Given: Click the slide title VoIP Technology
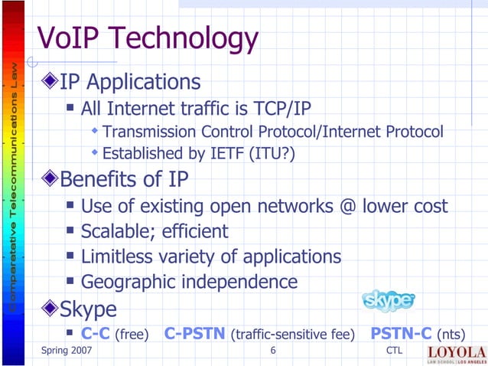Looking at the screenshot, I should click(x=148, y=38).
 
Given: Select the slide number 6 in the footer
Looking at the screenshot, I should click(x=273, y=351).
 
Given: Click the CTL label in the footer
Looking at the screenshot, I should click(x=395, y=351).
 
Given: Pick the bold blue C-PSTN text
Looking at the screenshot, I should click(x=195, y=334).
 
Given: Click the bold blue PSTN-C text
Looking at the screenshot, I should click(x=400, y=334).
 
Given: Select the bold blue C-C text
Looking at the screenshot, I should click(x=96, y=334).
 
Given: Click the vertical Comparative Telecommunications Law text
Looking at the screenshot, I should click(x=13, y=184).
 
